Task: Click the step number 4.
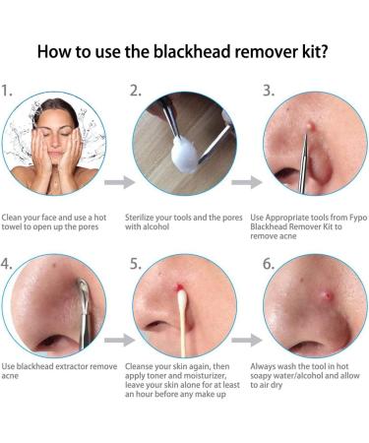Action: point(9,264)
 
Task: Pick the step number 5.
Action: point(136,264)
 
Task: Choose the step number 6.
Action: point(268,264)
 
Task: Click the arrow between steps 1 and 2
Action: point(119,182)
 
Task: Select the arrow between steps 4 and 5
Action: point(119,341)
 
